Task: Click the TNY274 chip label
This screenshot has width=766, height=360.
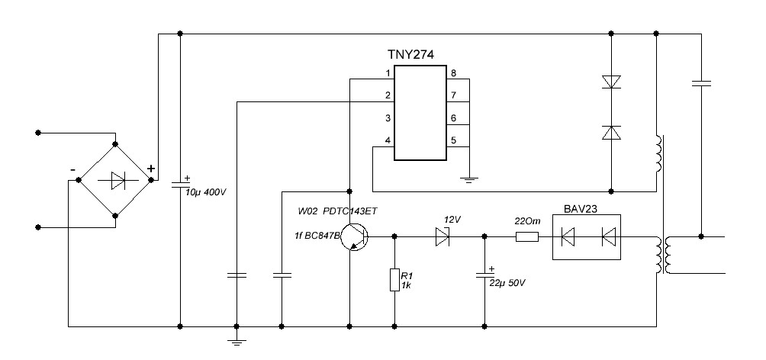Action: [x=410, y=55]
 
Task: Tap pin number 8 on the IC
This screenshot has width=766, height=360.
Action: [x=454, y=74]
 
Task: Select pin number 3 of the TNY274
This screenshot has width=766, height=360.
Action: [x=388, y=118]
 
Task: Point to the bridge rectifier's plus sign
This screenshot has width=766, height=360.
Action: [x=151, y=169]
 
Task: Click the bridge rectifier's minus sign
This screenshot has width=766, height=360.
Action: [x=72, y=169]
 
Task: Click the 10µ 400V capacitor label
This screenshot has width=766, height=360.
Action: [x=206, y=192]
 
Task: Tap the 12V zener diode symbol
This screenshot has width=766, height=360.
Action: [x=442, y=236]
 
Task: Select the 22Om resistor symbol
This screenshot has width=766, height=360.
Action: [x=527, y=237]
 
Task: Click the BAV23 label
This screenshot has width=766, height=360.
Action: [x=581, y=209]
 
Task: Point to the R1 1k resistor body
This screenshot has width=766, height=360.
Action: [x=394, y=279]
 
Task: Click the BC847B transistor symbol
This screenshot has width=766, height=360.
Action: [x=353, y=237]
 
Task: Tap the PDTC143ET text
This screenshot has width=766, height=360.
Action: [x=351, y=211]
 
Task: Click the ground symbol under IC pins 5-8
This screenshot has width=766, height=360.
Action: [x=469, y=180]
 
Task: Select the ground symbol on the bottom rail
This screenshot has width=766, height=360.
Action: [x=237, y=342]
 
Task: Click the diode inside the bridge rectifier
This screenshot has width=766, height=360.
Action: [x=117, y=180]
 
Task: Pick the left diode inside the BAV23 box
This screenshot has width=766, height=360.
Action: [x=568, y=237]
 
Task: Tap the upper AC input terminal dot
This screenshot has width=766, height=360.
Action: [x=38, y=133]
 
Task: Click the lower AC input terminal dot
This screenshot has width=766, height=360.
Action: [x=38, y=227]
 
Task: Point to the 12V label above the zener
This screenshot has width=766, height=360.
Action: [x=452, y=220]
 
